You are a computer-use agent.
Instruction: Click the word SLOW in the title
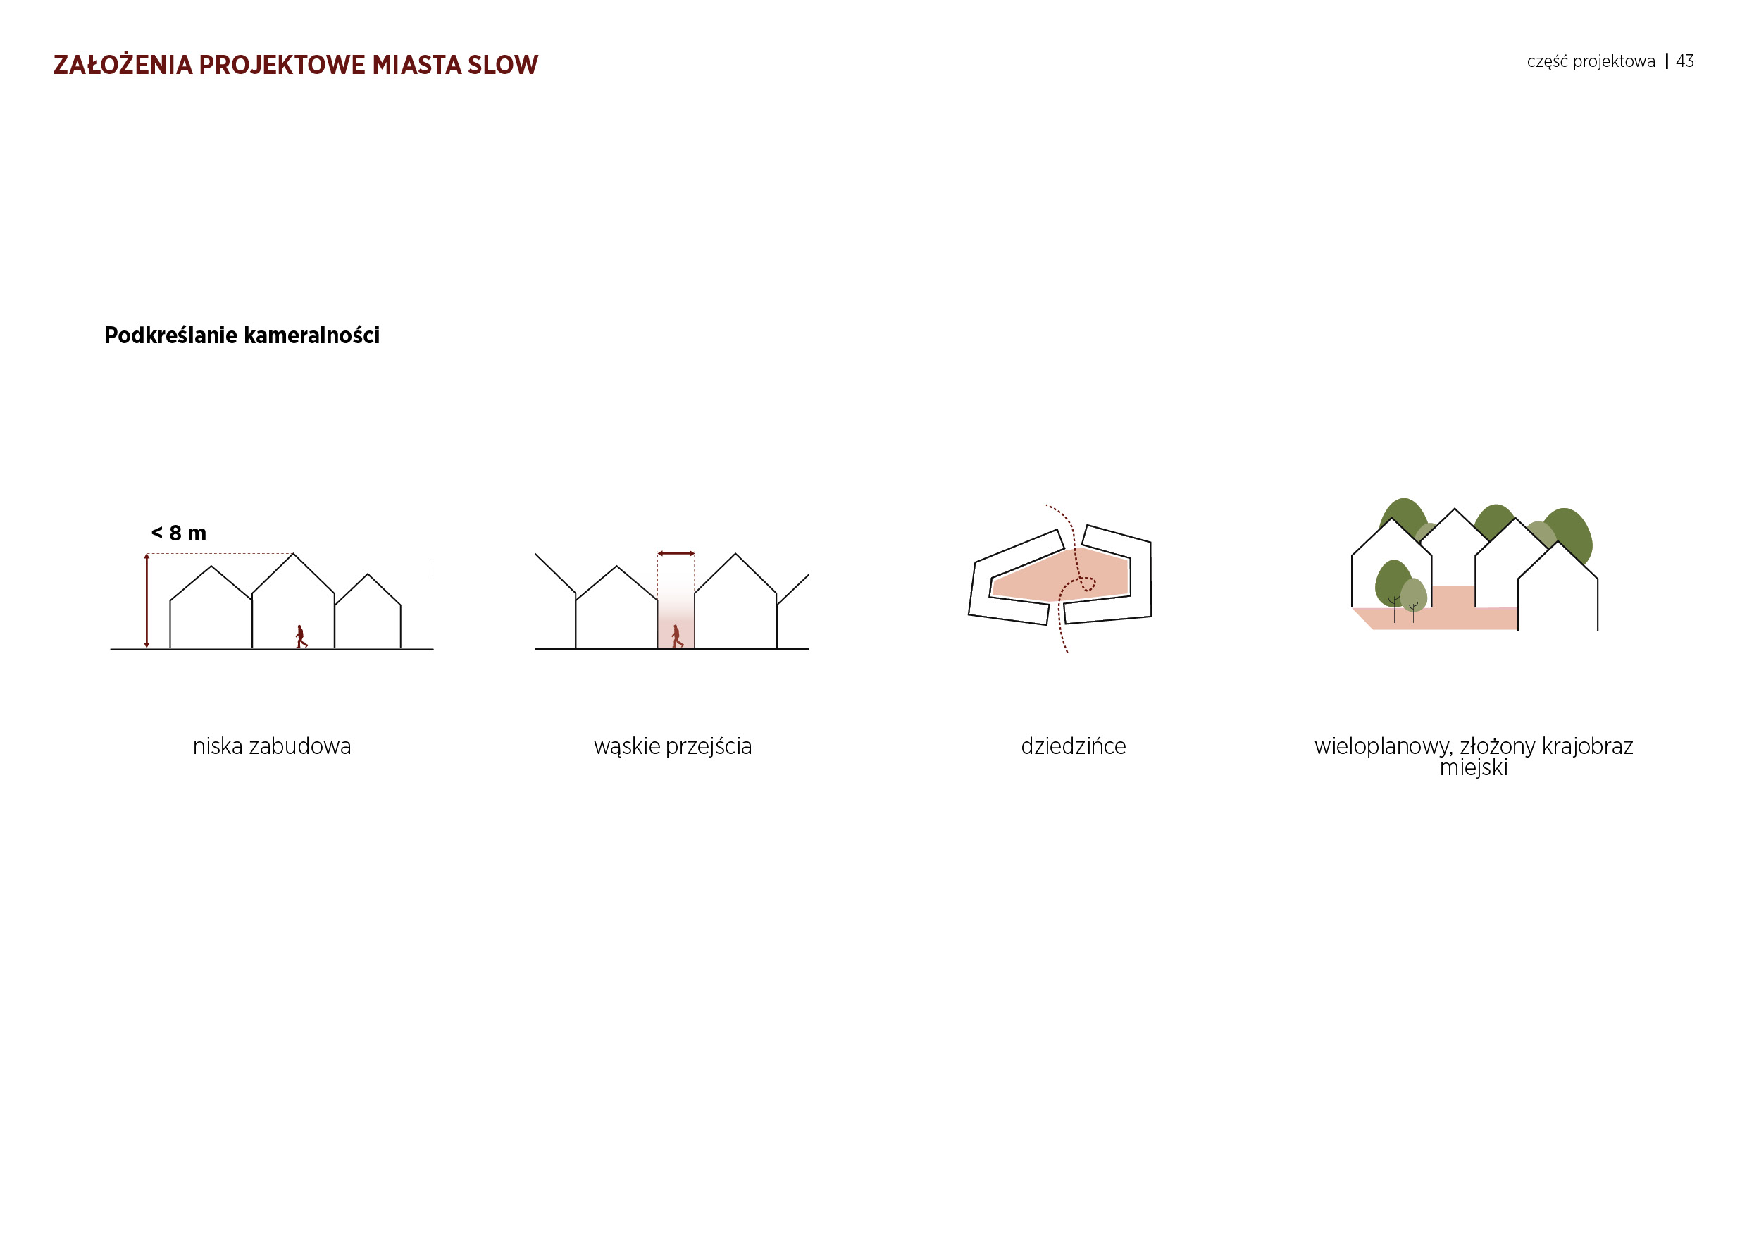(503, 66)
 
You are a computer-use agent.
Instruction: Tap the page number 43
(1684, 61)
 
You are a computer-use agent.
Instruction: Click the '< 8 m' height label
(179, 533)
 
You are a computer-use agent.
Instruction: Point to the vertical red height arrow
(147, 601)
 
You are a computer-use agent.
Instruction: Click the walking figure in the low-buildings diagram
(301, 636)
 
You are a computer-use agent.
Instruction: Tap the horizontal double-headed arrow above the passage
(676, 553)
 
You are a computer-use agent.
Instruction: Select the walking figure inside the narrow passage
(676, 636)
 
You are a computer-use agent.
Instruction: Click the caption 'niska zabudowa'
(272, 747)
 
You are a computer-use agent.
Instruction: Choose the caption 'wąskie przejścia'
(673, 748)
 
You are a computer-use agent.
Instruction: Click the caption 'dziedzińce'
(1073, 747)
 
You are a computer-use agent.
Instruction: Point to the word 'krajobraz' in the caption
(1588, 747)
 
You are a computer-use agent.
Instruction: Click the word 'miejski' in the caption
(1473, 767)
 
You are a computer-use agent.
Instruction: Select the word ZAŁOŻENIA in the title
(123, 65)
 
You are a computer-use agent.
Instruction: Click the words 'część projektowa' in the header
(1591, 61)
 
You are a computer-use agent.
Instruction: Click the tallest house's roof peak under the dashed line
(293, 554)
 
